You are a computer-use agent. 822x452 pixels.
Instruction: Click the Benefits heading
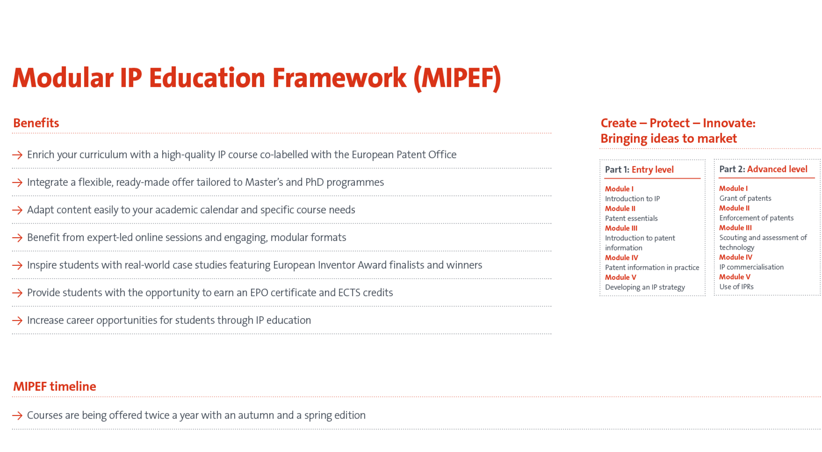coord(36,123)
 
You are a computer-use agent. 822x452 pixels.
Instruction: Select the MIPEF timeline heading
coord(54,387)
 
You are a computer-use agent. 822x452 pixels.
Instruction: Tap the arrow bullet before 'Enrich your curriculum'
coord(18,155)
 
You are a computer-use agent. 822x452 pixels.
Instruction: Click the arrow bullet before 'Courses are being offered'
coord(18,416)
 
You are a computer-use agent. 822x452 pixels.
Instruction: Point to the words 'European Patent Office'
coord(404,155)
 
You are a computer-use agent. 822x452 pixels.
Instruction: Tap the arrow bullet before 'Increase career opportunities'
coord(18,321)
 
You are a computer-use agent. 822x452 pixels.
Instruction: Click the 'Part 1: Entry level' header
coord(639,170)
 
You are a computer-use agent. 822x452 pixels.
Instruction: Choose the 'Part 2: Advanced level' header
coord(763,169)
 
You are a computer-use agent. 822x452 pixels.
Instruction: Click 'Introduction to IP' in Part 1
coord(632,199)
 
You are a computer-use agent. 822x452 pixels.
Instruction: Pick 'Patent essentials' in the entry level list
coord(631,219)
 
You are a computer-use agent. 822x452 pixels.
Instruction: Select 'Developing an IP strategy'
coord(645,288)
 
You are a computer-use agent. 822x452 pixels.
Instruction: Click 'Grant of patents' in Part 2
coord(745,199)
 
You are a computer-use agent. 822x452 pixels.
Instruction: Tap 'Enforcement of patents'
coord(756,218)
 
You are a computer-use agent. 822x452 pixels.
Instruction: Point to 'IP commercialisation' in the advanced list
coord(751,268)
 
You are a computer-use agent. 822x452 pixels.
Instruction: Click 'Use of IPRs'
coord(736,287)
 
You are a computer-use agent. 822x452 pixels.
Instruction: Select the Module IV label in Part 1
coord(621,258)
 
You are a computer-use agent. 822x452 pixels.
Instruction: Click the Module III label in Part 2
coord(735,228)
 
